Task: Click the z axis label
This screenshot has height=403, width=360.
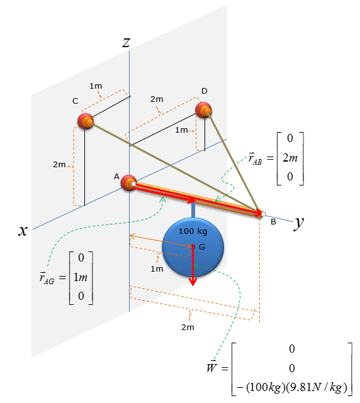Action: click(x=126, y=43)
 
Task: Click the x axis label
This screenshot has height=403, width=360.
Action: click(x=23, y=230)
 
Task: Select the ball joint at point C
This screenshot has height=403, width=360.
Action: click(x=86, y=121)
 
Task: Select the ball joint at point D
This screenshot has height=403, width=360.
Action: click(x=203, y=110)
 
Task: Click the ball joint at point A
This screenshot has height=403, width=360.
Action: click(x=128, y=183)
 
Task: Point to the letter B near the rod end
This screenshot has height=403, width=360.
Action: click(x=273, y=222)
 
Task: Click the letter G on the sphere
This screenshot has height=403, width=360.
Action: click(x=202, y=247)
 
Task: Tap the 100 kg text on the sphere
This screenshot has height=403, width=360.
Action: click(x=193, y=231)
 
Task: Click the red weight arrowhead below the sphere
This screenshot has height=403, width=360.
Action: click(x=193, y=282)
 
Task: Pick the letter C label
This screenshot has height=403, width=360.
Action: click(x=75, y=101)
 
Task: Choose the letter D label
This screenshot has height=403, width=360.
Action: click(x=205, y=91)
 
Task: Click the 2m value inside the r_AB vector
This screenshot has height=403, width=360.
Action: click(x=290, y=158)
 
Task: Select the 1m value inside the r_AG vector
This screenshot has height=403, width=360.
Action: click(x=81, y=277)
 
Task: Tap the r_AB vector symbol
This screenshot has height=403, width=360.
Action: click(x=255, y=158)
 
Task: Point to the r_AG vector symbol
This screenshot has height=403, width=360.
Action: click(x=47, y=278)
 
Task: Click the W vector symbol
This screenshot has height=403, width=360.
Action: click(x=211, y=367)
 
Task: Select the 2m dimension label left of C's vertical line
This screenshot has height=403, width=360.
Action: click(x=59, y=165)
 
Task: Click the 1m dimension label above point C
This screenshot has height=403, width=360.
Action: click(x=96, y=86)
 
